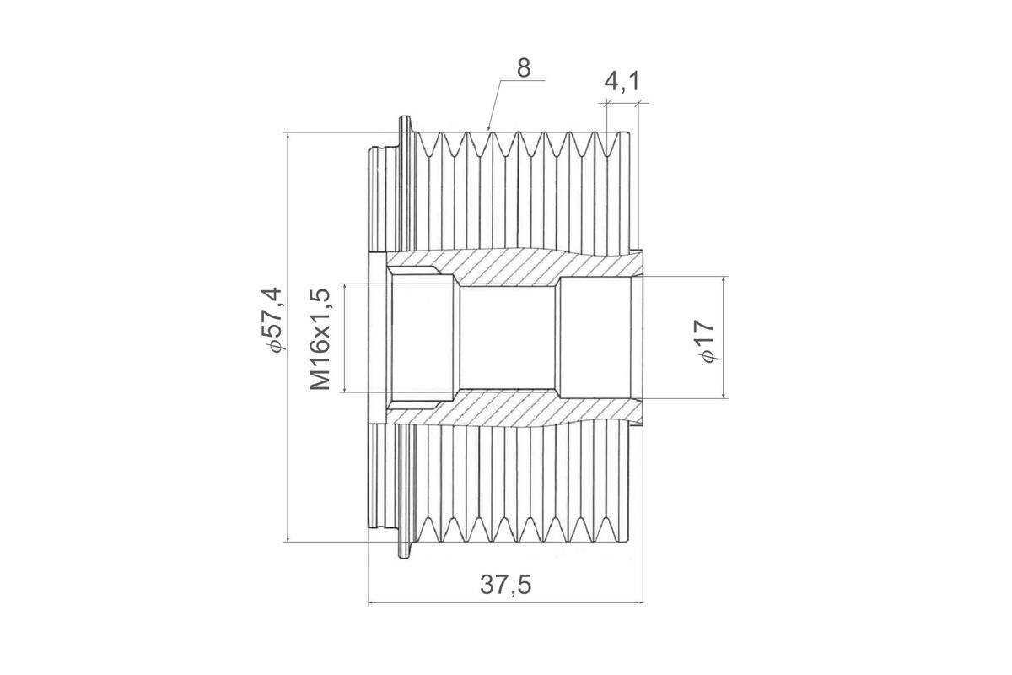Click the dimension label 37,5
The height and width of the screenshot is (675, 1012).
(x=505, y=585)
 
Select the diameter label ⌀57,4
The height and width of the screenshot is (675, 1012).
(x=272, y=319)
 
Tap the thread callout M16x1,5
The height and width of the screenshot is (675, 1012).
(x=320, y=338)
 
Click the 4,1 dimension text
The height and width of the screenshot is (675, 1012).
(x=622, y=82)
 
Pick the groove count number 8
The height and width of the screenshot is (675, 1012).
(x=524, y=68)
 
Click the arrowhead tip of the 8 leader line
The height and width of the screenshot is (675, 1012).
(x=488, y=131)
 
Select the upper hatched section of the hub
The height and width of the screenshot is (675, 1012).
(x=515, y=267)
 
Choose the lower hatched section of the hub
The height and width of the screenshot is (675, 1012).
(x=515, y=408)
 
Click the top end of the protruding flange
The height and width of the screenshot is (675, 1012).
(x=406, y=117)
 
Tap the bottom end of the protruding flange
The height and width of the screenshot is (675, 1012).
(x=406, y=557)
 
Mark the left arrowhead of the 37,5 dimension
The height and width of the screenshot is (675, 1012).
(x=369, y=602)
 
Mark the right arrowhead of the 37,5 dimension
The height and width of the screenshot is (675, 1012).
(x=643, y=602)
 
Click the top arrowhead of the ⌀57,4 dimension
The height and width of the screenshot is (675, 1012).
(x=288, y=133)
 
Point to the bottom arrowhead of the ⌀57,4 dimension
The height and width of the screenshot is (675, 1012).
(x=288, y=541)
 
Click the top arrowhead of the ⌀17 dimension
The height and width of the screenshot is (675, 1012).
(x=724, y=277)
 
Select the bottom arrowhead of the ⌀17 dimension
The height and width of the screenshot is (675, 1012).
(x=724, y=398)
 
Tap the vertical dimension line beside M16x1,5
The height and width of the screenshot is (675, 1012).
(x=345, y=338)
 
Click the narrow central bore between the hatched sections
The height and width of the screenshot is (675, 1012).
(x=508, y=338)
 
